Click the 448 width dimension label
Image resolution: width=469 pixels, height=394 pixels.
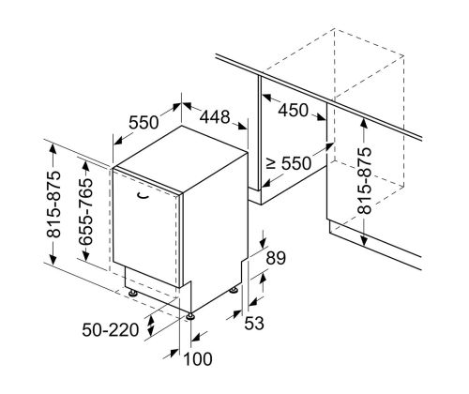[215, 117]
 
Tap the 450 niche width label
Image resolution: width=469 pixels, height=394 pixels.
[294, 110]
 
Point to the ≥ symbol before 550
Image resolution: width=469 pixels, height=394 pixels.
[271, 163]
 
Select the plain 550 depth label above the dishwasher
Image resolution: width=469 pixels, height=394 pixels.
[144, 122]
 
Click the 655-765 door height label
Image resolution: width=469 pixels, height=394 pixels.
[85, 211]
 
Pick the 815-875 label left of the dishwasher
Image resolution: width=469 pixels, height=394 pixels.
[53, 204]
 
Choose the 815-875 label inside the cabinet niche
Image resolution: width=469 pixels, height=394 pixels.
[365, 180]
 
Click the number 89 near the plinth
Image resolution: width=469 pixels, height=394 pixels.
[276, 258]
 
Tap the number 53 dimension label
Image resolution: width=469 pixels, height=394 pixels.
[254, 323]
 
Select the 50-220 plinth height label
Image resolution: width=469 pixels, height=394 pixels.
[111, 329]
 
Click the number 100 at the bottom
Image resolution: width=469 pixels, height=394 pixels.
[198, 358]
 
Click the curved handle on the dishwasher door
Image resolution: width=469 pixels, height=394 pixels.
[144, 195]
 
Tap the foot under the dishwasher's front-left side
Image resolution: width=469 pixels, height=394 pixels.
[133, 293]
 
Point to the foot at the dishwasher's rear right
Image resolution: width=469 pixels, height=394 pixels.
[234, 290]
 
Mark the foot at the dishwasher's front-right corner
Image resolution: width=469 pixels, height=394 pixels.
[190, 316]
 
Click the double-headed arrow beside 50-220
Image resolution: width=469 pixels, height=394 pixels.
[151, 326]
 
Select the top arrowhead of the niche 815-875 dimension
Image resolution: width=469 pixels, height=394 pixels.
[364, 124]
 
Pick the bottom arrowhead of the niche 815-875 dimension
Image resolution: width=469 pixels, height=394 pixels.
[364, 240]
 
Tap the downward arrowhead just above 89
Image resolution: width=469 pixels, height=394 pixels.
[263, 242]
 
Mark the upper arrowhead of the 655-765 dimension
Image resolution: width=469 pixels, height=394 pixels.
[85, 165]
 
